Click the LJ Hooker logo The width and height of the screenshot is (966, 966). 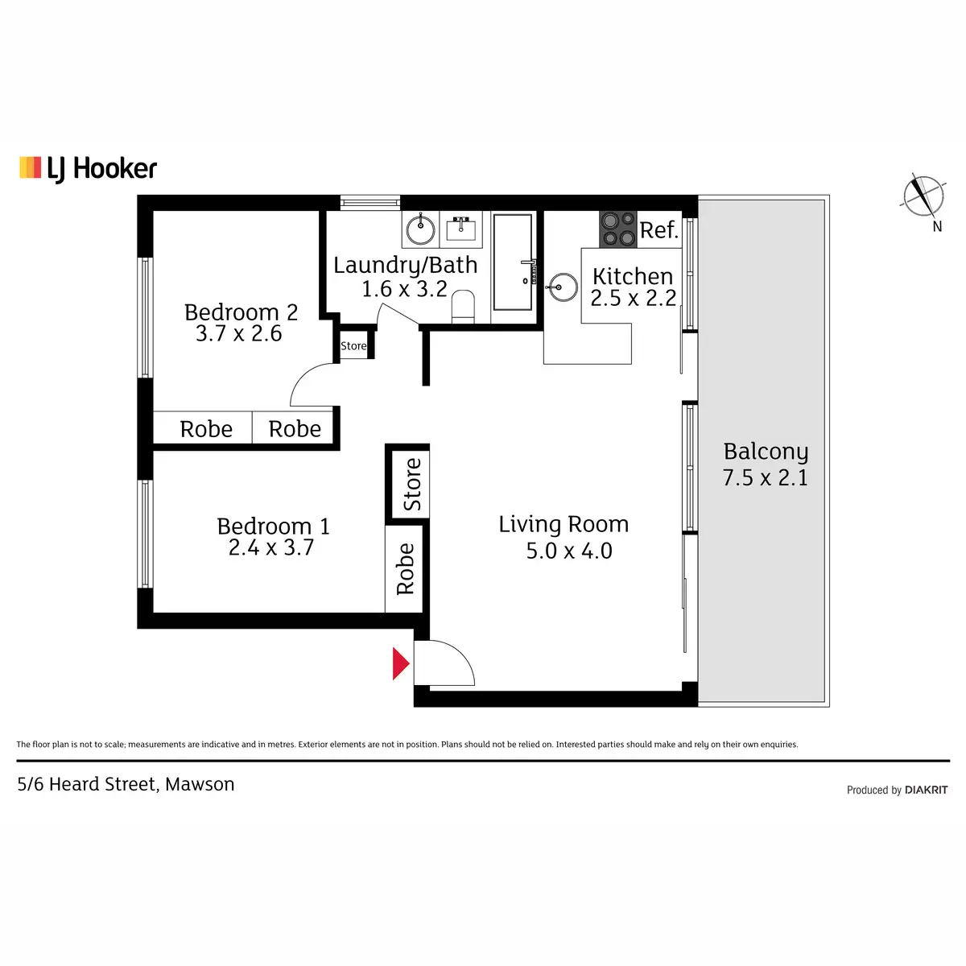pyautogui.click(x=88, y=168)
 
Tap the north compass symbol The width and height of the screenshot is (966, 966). pyautogui.click(x=923, y=196)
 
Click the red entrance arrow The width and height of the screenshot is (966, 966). pyautogui.click(x=400, y=663)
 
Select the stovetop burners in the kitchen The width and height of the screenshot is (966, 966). pyautogui.click(x=617, y=229)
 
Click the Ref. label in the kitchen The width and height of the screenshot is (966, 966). pyautogui.click(x=658, y=230)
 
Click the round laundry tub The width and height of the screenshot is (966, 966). pyautogui.click(x=420, y=230)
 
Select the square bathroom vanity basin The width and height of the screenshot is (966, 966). pyautogui.click(x=461, y=229)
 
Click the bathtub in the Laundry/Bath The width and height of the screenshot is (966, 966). pyautogui.click(x=512, y=262)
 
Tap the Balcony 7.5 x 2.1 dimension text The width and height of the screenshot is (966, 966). pyautogui.click(x=765, y=477)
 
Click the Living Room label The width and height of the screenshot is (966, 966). pyautogui.click(x=563, y=524)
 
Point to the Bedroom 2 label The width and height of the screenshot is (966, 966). pyautogui.click(x=241, y=312)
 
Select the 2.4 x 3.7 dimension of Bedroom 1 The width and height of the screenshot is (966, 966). pyautogui.click(x=270, y=548)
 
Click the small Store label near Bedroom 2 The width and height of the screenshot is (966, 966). pyautogui.click(x=353, y=346)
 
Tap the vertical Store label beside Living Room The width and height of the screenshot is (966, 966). pyautogui.click(x=411, y=484)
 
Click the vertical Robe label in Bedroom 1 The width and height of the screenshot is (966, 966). pyautogui.click(x=405, y=569)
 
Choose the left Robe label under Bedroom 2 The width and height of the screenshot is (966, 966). pyautogui.click(x=206, y=429)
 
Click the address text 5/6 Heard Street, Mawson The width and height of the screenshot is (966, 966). pyautogui.click(x=126, y=784)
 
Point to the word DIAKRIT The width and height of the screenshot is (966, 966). pyautogui.click(x=926, y=790)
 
